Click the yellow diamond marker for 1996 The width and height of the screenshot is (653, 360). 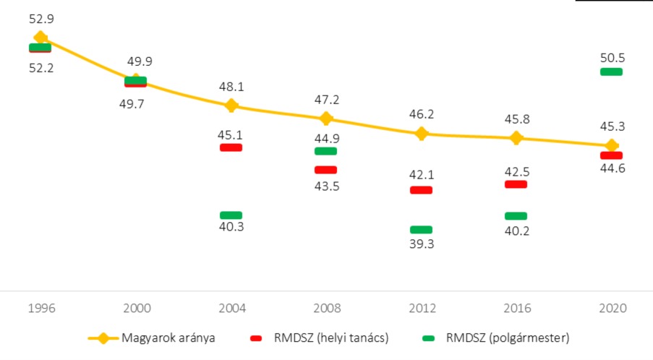(40, 38)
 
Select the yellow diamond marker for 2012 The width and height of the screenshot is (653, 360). (422, 133)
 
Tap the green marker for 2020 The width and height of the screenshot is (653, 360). (611, 72)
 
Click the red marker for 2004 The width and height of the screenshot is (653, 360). (231, 147)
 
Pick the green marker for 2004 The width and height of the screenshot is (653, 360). (231, 215)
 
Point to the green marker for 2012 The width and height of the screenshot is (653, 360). (421, 230)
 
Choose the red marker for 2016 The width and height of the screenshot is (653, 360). (516, 184)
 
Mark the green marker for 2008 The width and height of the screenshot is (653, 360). (325, 151)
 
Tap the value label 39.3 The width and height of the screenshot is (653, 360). (422, 244)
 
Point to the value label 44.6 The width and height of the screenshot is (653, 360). (611, 170)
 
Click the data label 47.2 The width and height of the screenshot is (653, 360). (326, 99)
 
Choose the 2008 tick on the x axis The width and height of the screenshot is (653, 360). (326, 309)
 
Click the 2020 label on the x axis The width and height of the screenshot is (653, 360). (612, 309)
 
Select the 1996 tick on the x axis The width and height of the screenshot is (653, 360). (40, 309)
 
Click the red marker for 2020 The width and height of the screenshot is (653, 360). (611, 155)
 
